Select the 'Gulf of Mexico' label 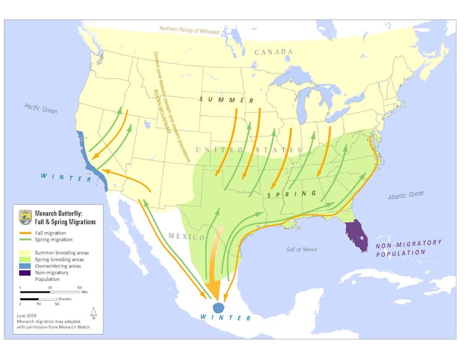(298, 249)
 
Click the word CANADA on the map (268, 52)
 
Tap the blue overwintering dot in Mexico (219, 308)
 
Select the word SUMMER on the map (227, 99)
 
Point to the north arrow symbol (93, 312)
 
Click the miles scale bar (49, 291)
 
